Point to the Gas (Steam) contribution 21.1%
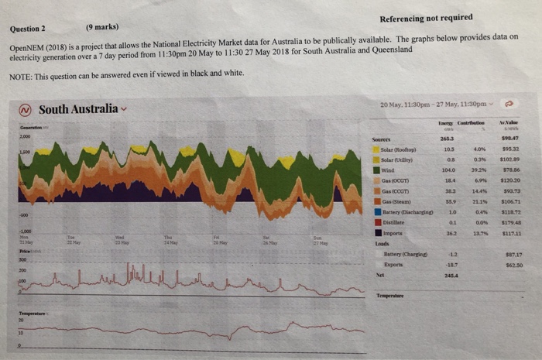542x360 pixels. pos(480,200)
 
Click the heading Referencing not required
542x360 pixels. pos(427,17)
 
